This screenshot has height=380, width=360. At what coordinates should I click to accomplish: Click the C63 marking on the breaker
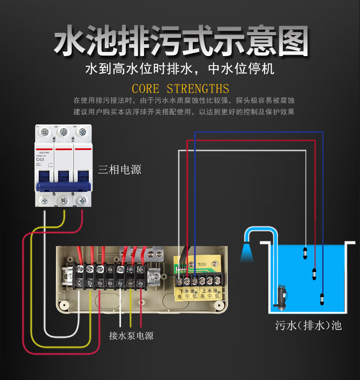tap(40, 159)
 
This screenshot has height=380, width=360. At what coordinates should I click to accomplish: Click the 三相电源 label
tap(119, 169)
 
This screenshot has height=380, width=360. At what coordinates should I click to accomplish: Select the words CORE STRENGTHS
tap(180, 88)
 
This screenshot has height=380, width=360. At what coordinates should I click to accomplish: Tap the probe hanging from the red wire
tap(314, 273)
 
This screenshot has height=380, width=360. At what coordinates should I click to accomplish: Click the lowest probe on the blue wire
tap(323, 299)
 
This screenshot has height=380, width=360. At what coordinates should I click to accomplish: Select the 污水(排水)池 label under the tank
tap(309, 325)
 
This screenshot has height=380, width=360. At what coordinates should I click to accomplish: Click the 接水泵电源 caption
tap(131, 336)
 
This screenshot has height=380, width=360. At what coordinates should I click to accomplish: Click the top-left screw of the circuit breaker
tap(45, 132)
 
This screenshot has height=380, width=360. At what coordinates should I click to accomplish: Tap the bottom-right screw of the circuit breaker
tap(82, 200)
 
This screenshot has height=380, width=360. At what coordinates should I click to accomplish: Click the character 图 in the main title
tap(290, 42)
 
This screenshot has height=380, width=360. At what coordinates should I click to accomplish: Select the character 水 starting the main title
tap(69, 42)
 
